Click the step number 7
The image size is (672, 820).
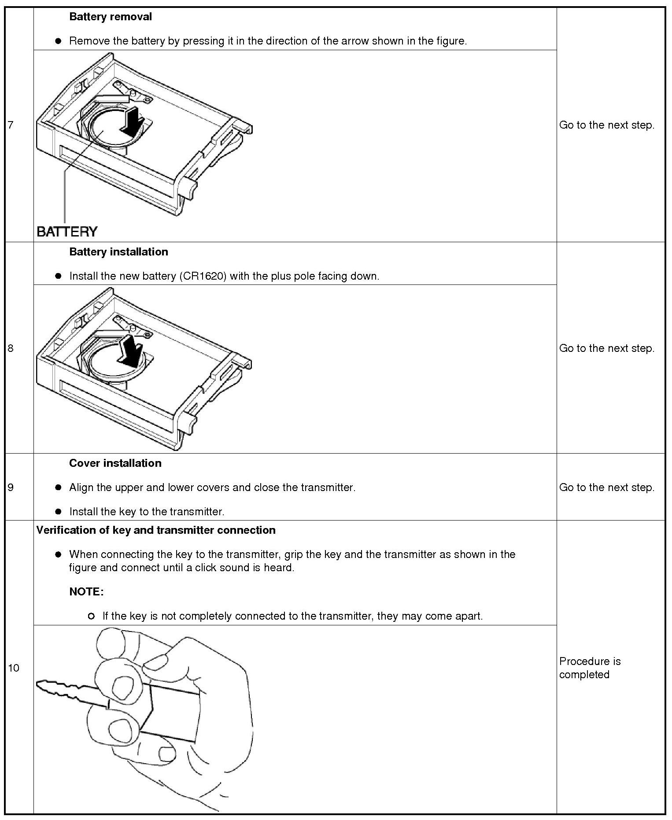(11, 125)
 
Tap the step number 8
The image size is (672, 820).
(11, 348)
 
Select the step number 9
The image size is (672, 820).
(11, 488)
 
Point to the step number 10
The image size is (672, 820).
(13, 668)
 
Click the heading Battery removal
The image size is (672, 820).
(111, 17)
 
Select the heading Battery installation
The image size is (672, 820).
(118, 252)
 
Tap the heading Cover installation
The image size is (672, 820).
(115, 463)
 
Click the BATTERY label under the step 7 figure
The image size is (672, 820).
(67, 232)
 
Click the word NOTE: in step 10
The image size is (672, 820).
(86, 592)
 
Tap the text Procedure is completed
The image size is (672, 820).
(590, 668)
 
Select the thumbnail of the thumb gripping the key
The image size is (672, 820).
(122, 688)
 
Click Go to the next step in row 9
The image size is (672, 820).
(606, 488)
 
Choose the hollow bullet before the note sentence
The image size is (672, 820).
(91, 616)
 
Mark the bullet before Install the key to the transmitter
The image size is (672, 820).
(58, 512)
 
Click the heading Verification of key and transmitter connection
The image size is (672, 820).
(156, 530)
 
